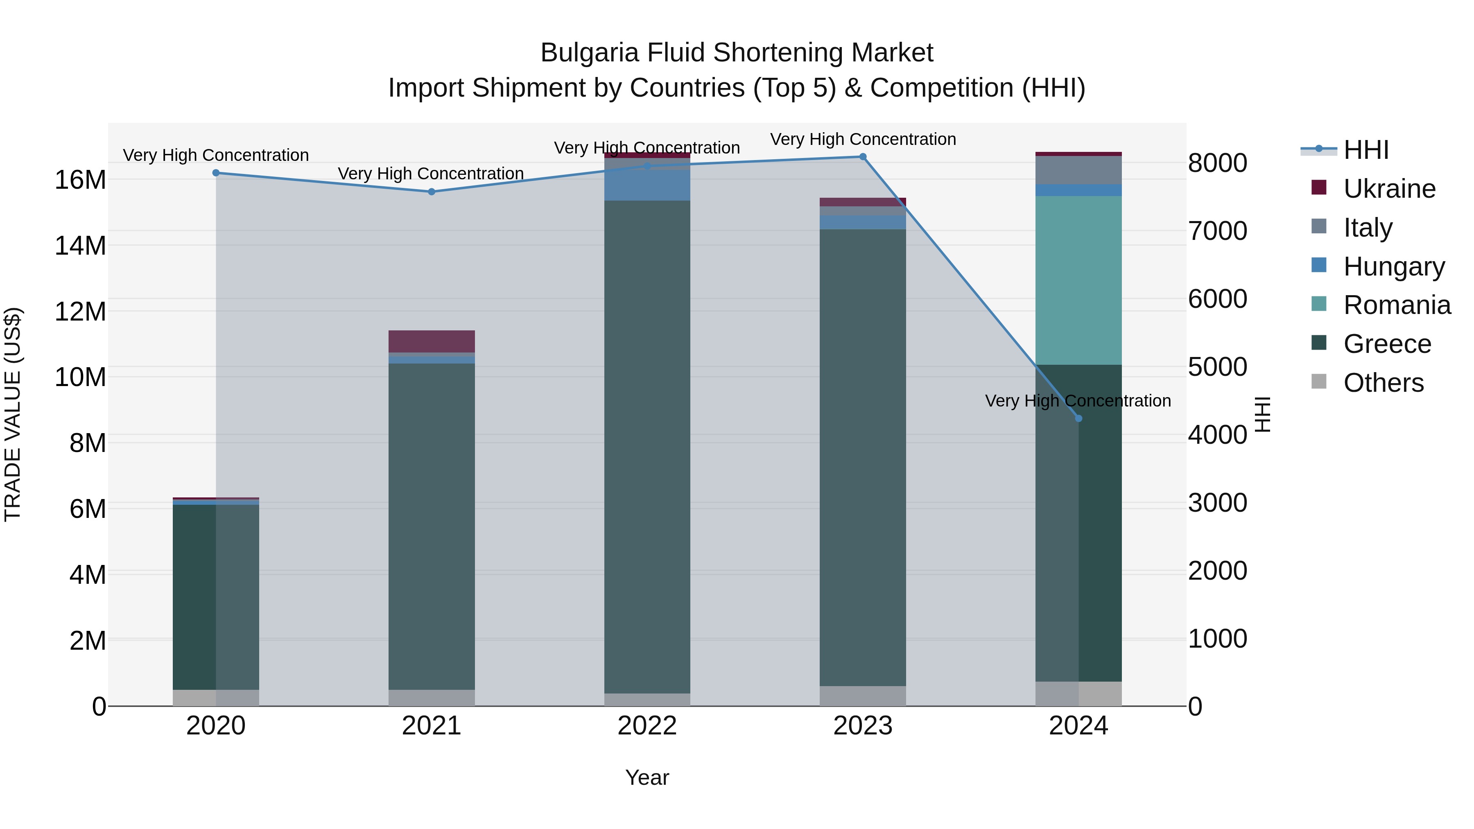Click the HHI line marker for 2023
click(x=863, y=157)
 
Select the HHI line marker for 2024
click(x=1078, y=418)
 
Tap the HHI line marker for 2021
click(x=432, y=192)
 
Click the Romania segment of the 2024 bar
click(x=1078, y=280)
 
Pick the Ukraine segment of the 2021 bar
click(x=432, y=341)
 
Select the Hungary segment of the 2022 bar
click(x=647, y=185)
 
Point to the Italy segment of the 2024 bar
click(x=1078, y=170)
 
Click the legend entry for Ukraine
click(x=1389, y=189)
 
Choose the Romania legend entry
click(x=1397, y=305)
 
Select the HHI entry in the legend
click(x=1365, y=150)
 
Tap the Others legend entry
click(x=1383, y=383)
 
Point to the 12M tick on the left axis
click(x=80, y=312)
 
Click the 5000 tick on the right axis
click(x=1217, y=367)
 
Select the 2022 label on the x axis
click(x=647, y=726)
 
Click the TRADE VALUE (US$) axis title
click(x=13, y=414)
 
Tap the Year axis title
click(x=647, y=777)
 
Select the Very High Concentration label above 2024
click(x=1078, y=400)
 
